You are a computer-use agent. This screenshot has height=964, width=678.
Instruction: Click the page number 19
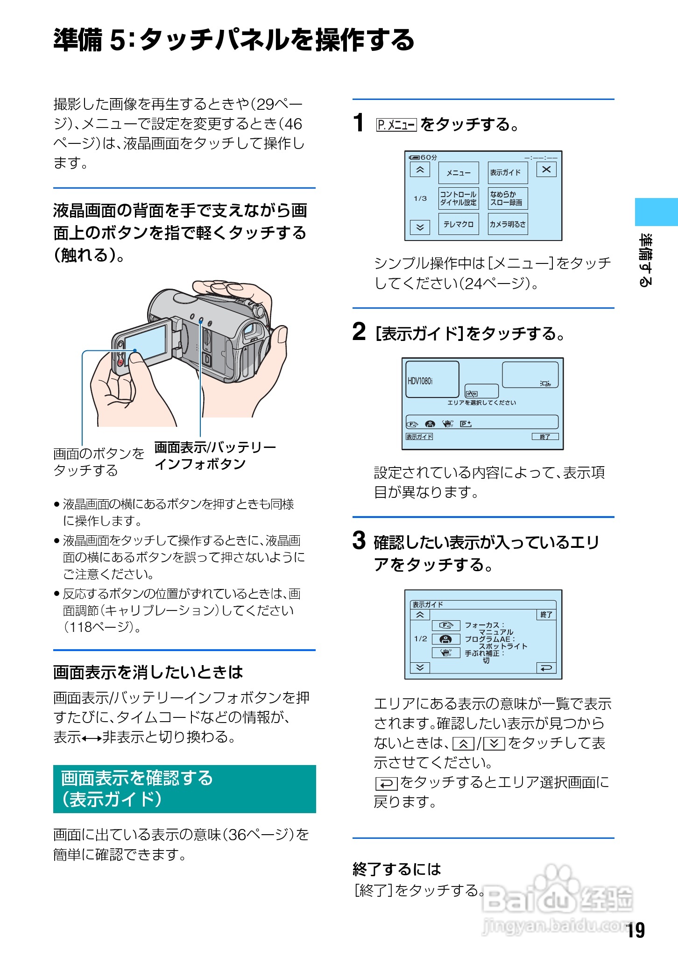[636, 930]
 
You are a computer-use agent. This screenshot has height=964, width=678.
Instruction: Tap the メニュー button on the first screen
[458, 173]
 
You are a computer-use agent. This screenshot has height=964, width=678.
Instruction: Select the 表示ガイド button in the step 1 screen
[507, 173]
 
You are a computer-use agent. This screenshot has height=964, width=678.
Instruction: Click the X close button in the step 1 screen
[546, 170]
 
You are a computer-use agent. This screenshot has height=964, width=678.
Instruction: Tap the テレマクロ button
[458, 224]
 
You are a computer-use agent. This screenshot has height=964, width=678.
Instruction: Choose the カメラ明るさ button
[507, 224]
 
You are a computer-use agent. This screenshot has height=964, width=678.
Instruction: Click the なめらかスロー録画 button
[507, 198]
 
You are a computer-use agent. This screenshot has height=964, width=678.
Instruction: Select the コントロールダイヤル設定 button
[458, 198]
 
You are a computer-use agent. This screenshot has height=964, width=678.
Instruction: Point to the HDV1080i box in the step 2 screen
[432, 380]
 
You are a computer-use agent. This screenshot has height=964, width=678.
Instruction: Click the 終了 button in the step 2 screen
[545, 437]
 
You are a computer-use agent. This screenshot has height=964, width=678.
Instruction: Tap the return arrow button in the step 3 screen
[546, 668]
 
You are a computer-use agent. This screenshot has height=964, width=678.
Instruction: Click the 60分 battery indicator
[423, 157]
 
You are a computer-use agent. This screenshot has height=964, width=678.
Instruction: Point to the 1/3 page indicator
[420, 198]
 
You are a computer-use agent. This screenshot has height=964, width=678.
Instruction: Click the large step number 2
[359, 332]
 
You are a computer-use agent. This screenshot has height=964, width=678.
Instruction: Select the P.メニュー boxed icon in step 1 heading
[396, 125]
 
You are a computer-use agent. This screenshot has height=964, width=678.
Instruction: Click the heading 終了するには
[396, 869]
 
